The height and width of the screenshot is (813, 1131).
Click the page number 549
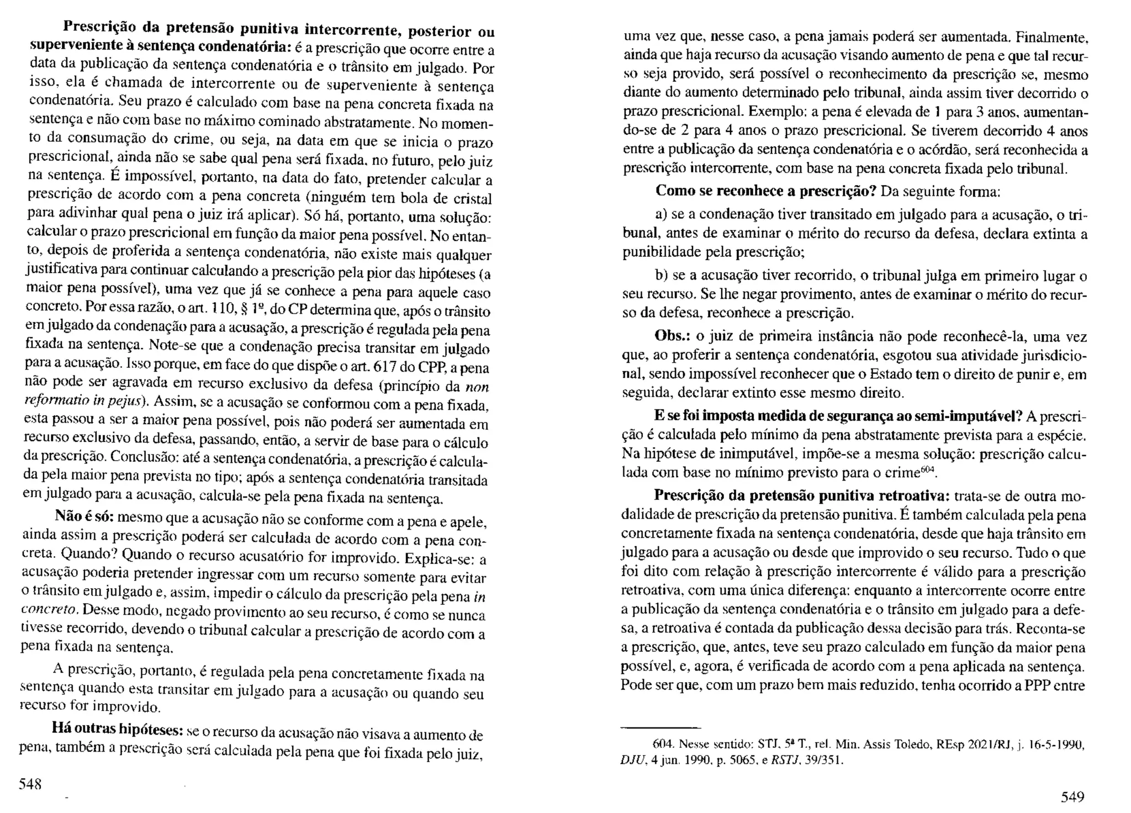(x=1072, y=796)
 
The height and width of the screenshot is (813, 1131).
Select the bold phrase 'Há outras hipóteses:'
(x=117, y=728)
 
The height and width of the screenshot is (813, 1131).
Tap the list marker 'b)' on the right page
(x=662, y=275)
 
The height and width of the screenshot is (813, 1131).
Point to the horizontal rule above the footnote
(x=660, y=727)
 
